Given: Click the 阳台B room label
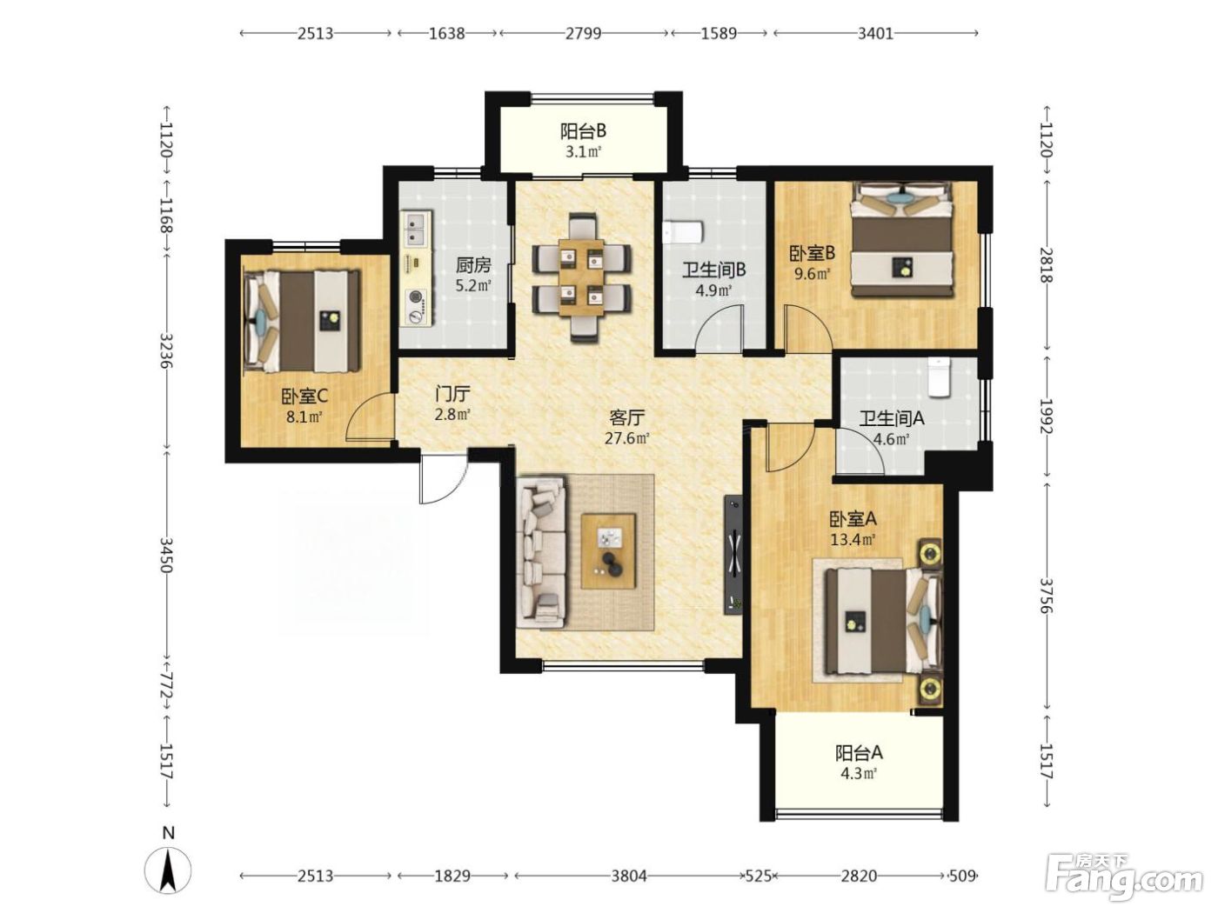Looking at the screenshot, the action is (x=583, y=132).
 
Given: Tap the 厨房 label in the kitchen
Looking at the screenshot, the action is (x=473, y=265).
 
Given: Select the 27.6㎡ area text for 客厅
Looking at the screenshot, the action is (x=627, y=438).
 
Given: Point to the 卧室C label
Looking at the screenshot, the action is (x=304, y=396).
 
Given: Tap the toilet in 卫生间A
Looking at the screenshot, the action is (x=940, y=377).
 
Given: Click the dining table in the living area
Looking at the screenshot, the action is (x=581, y=277).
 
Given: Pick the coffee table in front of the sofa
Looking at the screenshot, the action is (x=608, y=551).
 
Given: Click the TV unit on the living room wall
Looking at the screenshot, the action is (x=733, y=555).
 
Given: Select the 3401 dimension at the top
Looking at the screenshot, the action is (x=875, y=34).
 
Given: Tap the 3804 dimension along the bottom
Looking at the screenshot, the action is (x=629, y=876).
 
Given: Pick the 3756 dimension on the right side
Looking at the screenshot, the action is (x=1046, y=596).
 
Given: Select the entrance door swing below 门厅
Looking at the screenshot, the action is (x=442, y=479).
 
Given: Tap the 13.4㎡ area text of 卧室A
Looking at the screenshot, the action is (x=853, y=539).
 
